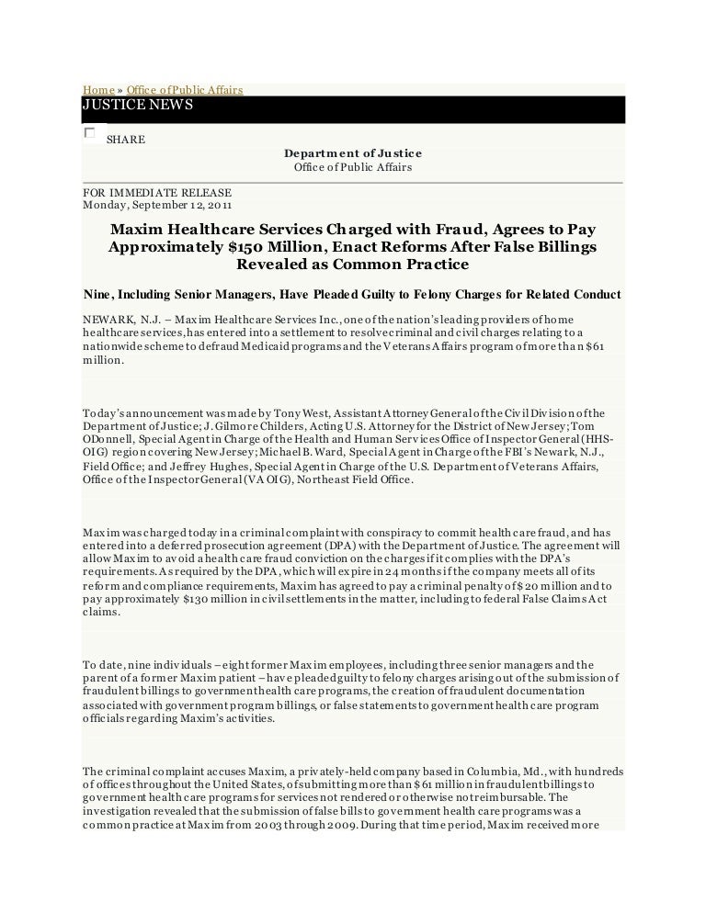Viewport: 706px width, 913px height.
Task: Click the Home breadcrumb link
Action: point(97,89)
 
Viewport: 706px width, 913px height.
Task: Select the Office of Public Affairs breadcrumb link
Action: point(184,89)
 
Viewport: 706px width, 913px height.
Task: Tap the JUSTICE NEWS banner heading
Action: point(138,106)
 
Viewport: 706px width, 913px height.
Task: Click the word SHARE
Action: point(126,140)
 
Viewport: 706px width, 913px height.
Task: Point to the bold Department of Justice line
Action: point(353,153)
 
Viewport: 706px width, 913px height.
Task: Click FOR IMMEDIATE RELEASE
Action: point(156,193)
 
